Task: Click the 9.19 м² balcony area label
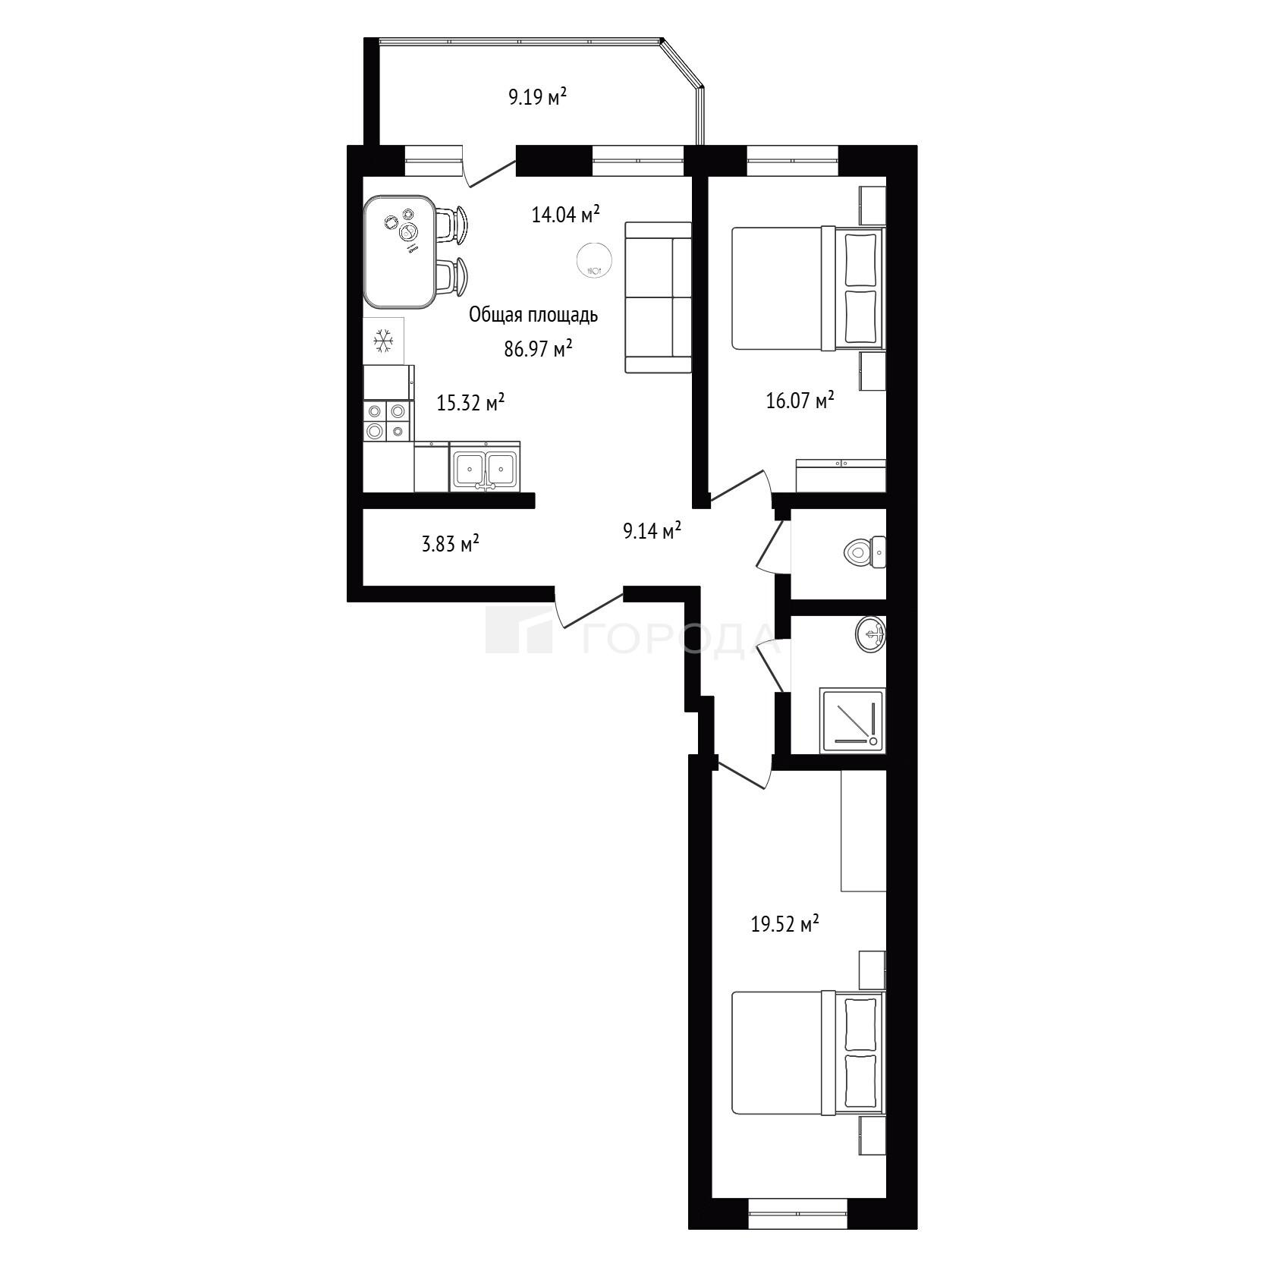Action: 538,97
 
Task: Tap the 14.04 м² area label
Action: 565,215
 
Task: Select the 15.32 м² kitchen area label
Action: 470,403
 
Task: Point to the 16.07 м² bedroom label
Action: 800,400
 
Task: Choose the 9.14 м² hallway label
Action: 652,531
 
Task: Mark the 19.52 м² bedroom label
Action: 785,926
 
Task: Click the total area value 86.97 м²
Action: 538,349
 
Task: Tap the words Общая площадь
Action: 533,315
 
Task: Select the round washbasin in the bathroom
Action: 871,633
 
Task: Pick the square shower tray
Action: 853,720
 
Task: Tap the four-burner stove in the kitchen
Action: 387,421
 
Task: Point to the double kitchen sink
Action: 486,467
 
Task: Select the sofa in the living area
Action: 658,297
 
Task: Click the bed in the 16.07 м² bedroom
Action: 808,288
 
